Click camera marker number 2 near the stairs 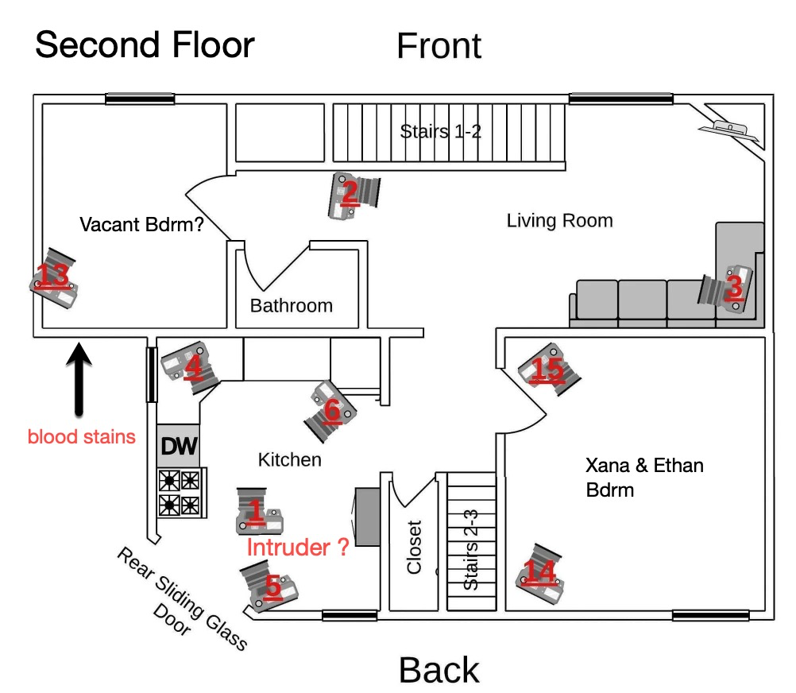[x=353, y=193]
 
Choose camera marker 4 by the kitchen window [x=191, y=365]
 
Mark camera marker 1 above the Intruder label [x=258, y=513]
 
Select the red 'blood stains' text [x=81, y=436]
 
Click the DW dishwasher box [x=179, y=447]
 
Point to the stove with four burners [x=180, y=493]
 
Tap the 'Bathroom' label [x=291, y=305]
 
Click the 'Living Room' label [x=559, y=220]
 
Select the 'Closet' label [x=415, y=547]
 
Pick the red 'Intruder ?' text [x=298, y=547]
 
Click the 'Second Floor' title [x=145, y=45]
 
